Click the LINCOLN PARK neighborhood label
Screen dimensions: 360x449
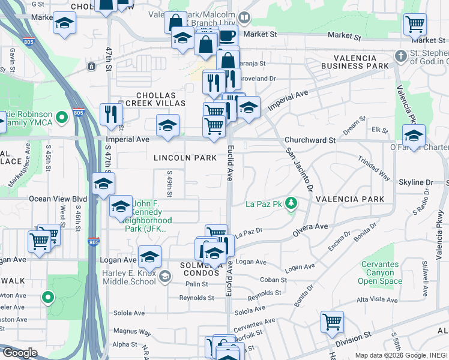pyautogui.click(x=185, y=158)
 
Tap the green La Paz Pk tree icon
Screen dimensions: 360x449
pyautogui.click(x=292, y=203)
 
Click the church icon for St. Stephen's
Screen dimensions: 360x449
pyautogui.click(x=400, y=56)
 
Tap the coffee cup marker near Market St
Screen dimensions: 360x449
pyautogui.click(x=227, y=36)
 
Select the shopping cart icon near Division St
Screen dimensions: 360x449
pyautogui.click(x=331, y=321)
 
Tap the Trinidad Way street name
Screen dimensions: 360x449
pyautogui.click(x=374, y=170)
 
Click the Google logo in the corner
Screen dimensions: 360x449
pyautogui.click(x=19, y=353)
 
